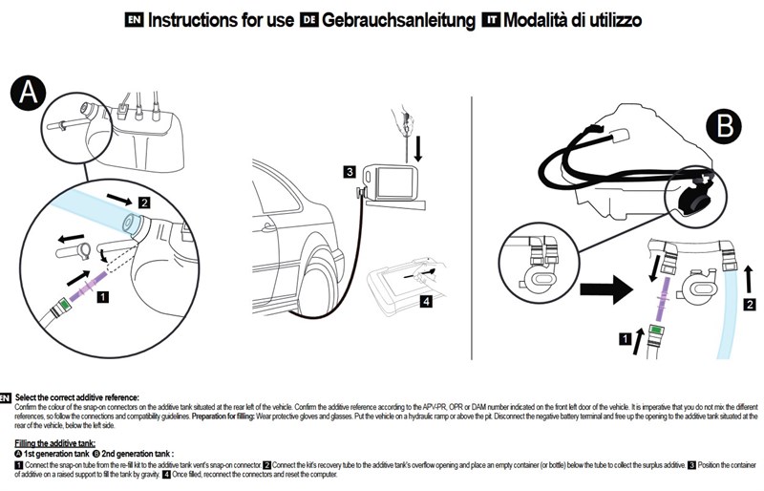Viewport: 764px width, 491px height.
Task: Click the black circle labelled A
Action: click(30, 93)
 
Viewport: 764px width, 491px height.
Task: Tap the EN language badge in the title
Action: click(136, 20)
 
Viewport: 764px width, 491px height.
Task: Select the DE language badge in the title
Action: click(309, 20)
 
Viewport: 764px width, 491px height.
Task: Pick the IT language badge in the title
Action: click(491, 20)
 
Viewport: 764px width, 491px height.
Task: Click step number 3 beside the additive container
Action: click(350, 173)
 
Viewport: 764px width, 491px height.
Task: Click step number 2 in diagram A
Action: click(144, 203)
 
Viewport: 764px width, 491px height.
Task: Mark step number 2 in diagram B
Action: click(751, 305)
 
